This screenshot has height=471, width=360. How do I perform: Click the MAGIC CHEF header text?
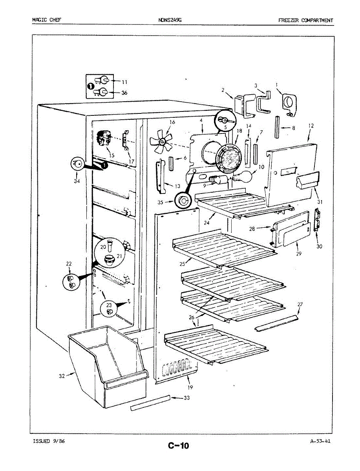point(47,20)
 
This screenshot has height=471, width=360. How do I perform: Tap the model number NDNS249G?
point(170,20)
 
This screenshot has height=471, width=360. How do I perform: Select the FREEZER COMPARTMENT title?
point(306,20)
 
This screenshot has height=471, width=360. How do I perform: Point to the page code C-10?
point(178,445)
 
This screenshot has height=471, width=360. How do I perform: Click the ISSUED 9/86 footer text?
point(49,441)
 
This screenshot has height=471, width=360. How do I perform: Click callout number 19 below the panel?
point(190,387)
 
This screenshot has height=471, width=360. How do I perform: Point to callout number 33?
point(186,398)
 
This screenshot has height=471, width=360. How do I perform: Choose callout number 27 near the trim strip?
point(300,304)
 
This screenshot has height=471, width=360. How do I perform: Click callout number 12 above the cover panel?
point(311,126)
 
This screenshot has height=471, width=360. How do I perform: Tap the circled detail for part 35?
point(183,202)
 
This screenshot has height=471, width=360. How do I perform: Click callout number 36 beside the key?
point(124,93)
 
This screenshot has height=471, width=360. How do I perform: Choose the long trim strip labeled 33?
point(151,403)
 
